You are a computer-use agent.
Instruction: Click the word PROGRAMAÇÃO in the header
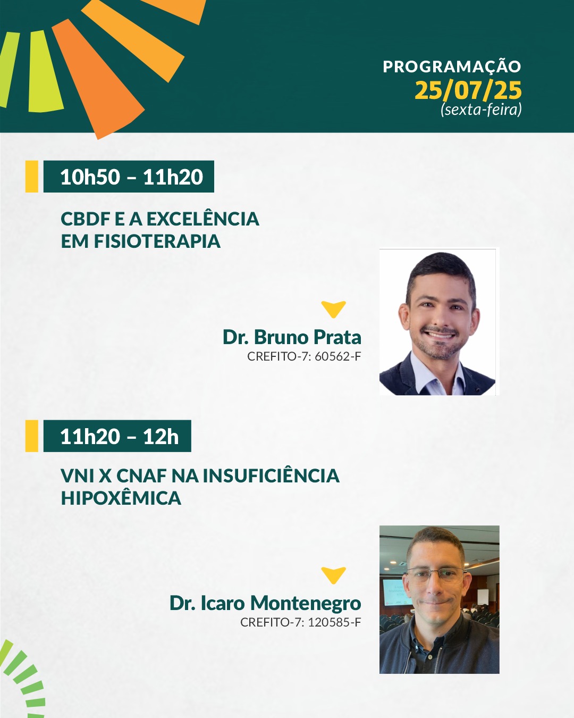coord(452,66)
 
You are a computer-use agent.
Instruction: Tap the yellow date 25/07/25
coord(468,90)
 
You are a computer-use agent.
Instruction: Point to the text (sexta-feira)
coord(481,110)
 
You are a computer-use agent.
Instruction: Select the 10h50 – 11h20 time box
coord(129,177)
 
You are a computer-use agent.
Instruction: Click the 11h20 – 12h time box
coord(117,436)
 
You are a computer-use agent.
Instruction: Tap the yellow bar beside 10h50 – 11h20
coord(32,177)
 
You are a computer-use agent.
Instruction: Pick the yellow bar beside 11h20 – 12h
coord(32,436)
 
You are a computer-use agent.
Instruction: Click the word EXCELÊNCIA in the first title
coord(203,219)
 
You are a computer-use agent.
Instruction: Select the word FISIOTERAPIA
coord(157,241)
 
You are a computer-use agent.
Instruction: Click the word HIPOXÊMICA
coord(121,498)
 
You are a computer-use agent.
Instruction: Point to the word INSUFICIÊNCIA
coord(271,475)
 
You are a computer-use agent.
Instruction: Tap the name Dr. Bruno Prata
coord(292,337)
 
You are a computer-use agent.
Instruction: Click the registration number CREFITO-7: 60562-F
coord(304,356)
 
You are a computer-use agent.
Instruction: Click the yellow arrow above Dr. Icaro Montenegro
coord(334,575)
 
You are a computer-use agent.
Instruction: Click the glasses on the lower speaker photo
coord(435,575)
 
